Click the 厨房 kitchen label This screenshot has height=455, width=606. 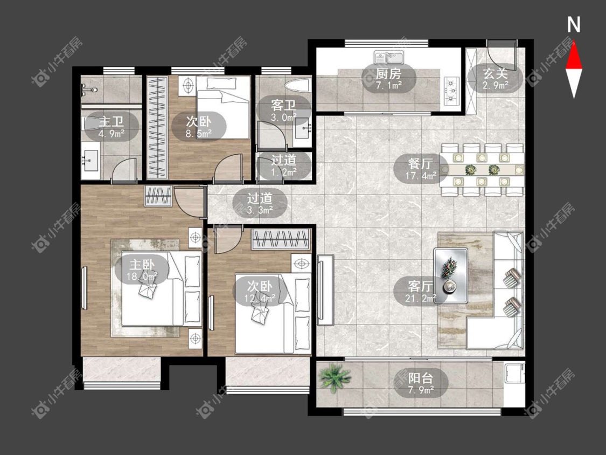[388, 79]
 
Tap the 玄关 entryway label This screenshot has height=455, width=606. [495, 79]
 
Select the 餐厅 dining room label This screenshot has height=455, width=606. [421, 169]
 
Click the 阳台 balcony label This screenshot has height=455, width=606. [421, 383]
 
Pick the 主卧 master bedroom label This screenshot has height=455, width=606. [142, 270]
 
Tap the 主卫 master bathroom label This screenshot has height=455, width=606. [112, 127]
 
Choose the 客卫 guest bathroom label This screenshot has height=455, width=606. [284, 111]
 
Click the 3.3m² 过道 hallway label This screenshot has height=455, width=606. [260, 204]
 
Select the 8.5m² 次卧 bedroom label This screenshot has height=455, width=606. [199, 127]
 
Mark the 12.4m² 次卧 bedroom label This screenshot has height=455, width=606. [260, 291]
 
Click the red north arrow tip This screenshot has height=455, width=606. [574, 40]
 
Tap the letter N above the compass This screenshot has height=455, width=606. [574, 24]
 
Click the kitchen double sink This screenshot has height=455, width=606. [389, 58]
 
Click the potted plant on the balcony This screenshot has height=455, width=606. [335, 377]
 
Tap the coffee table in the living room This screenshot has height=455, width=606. [451, 275]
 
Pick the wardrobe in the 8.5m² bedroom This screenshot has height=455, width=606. [157, 127]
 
